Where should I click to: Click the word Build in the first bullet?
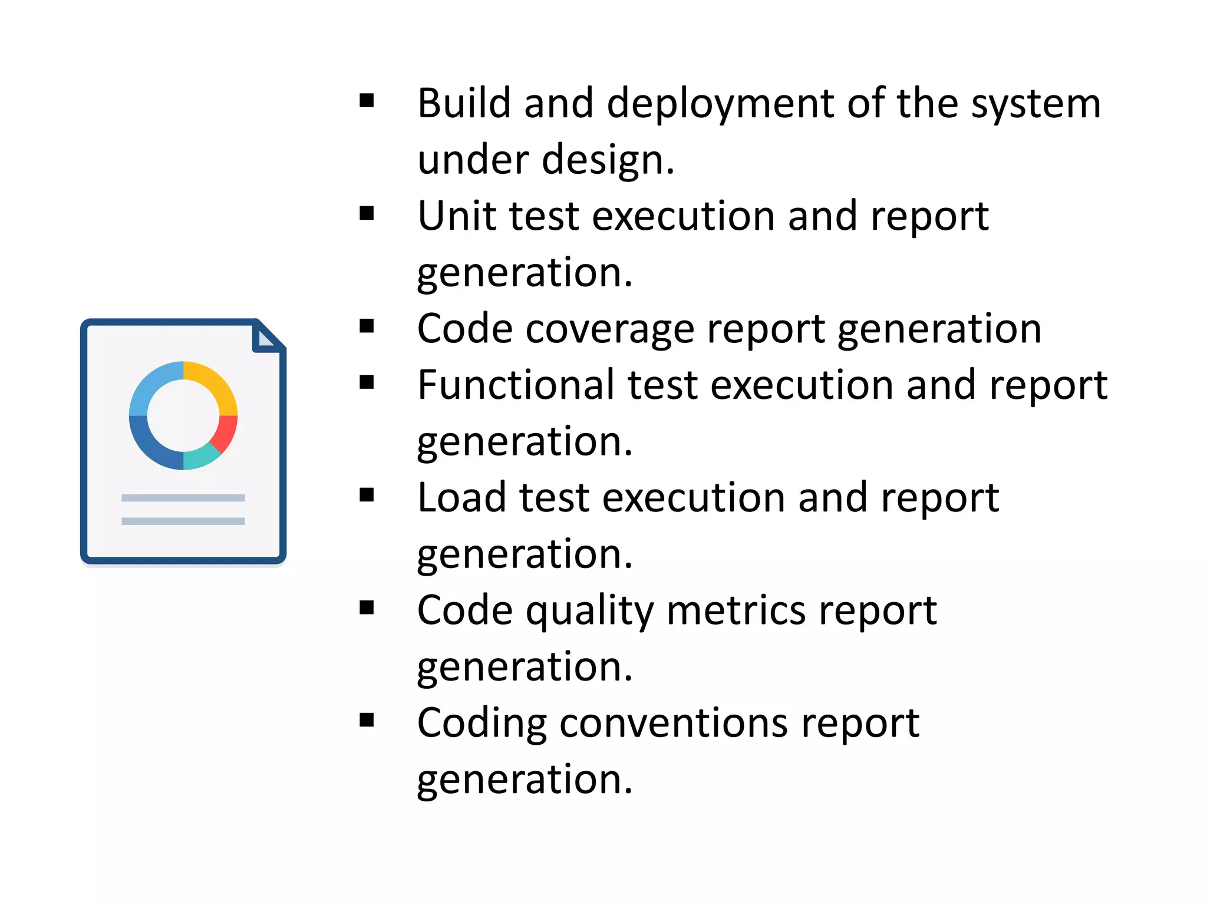pyautogui.click(x=463, y=104)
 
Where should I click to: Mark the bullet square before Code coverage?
pyautogui.click(x=367, y=326)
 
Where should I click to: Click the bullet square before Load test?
pyautogui.click(x=367, y=495)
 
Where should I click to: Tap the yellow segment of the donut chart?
pyautogui.click(x=215, y=384)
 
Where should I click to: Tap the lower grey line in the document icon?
pyautogui.click(x=183, y=521)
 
